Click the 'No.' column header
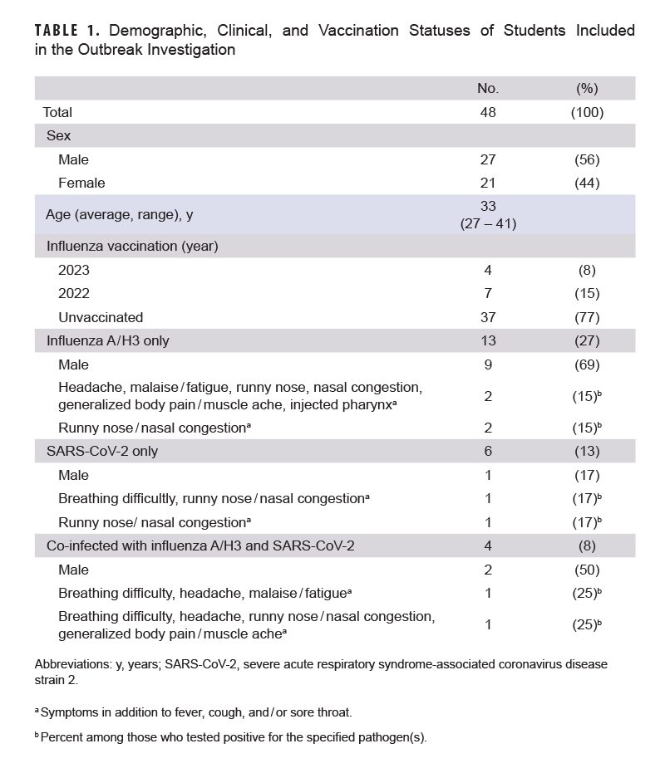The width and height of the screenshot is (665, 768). click(x=488, y=89)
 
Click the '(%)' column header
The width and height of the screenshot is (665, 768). click(x=587, y=89)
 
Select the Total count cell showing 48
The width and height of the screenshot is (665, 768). click(x=488, y=112)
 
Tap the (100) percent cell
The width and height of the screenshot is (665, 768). click(x=587, y=112)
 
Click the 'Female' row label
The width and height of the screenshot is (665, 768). click(x=81, y=183)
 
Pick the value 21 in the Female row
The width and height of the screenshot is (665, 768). click(x=488, y=183)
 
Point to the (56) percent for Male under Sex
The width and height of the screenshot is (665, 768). click(x=587, y=159)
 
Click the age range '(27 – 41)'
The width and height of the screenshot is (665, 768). click(x=488, y=223)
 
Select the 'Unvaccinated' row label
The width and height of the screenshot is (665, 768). click(x=101, y=317)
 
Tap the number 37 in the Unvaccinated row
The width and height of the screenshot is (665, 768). click(x=488, y=317)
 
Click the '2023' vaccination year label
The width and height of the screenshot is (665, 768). click(x=74, y=270)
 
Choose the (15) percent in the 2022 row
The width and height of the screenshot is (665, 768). click(x=587, y=293)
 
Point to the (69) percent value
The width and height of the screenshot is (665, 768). click(x=587, y=364)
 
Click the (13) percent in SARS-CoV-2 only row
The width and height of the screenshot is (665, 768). click(x=587, y=451)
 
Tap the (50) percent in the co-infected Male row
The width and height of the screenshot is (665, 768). click(x=587, y=570)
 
